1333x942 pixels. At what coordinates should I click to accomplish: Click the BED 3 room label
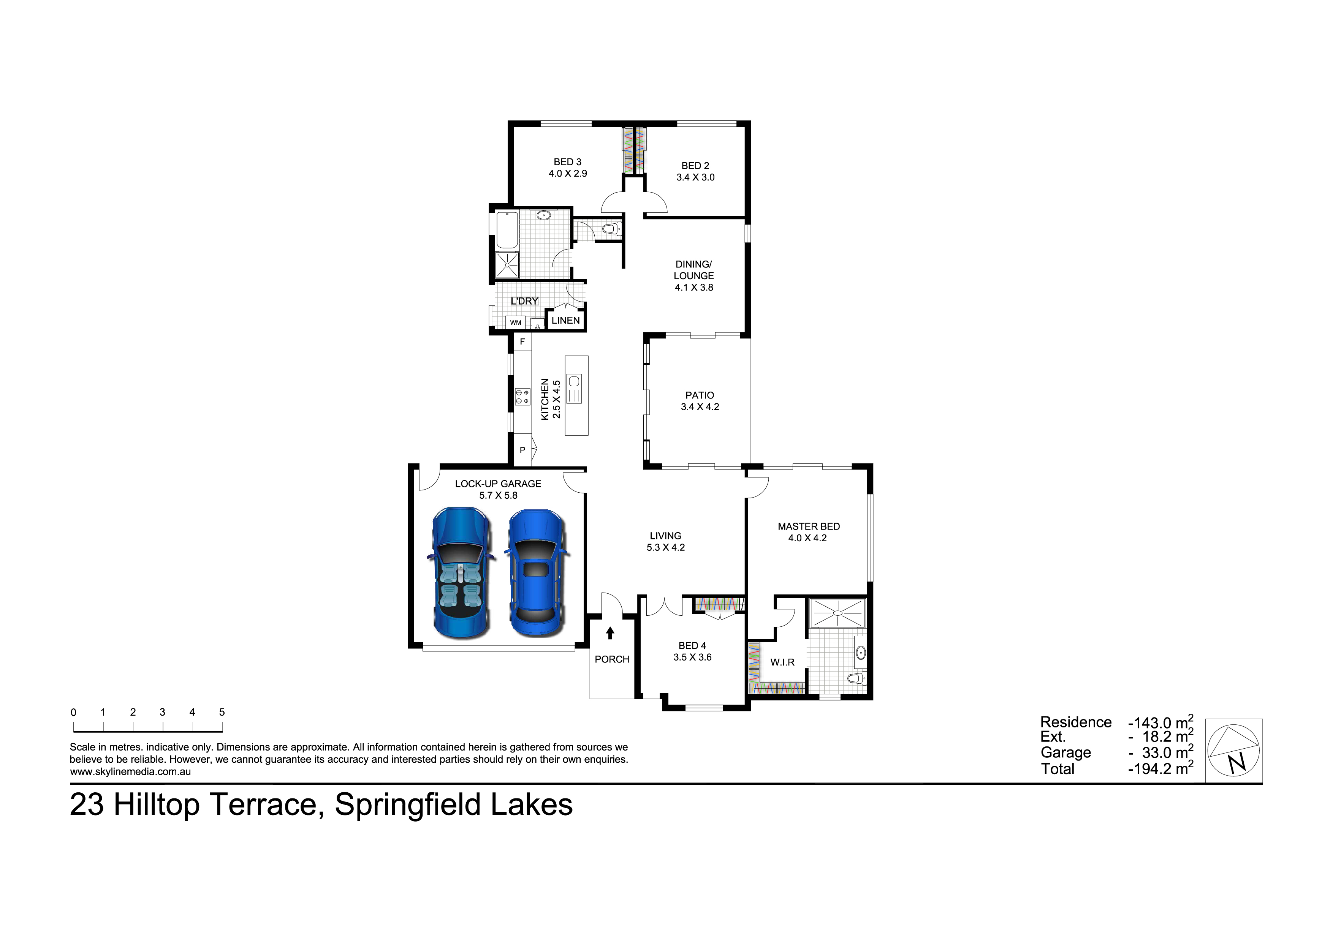567,162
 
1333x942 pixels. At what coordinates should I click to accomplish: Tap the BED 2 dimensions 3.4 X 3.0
695,178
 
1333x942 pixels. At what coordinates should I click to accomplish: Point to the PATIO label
700,395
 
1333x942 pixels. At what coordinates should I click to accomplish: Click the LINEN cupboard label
565,320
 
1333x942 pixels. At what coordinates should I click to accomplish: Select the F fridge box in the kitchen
522,342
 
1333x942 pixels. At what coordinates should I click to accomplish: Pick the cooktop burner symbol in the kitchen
522,397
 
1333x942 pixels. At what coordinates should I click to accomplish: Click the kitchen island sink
574,381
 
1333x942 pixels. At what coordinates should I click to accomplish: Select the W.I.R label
782,662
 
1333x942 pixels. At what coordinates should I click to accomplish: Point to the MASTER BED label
808,526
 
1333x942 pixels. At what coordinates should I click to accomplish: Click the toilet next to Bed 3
608,230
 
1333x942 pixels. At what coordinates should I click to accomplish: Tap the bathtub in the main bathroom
507,231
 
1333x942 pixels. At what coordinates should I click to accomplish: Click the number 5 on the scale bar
222,712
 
